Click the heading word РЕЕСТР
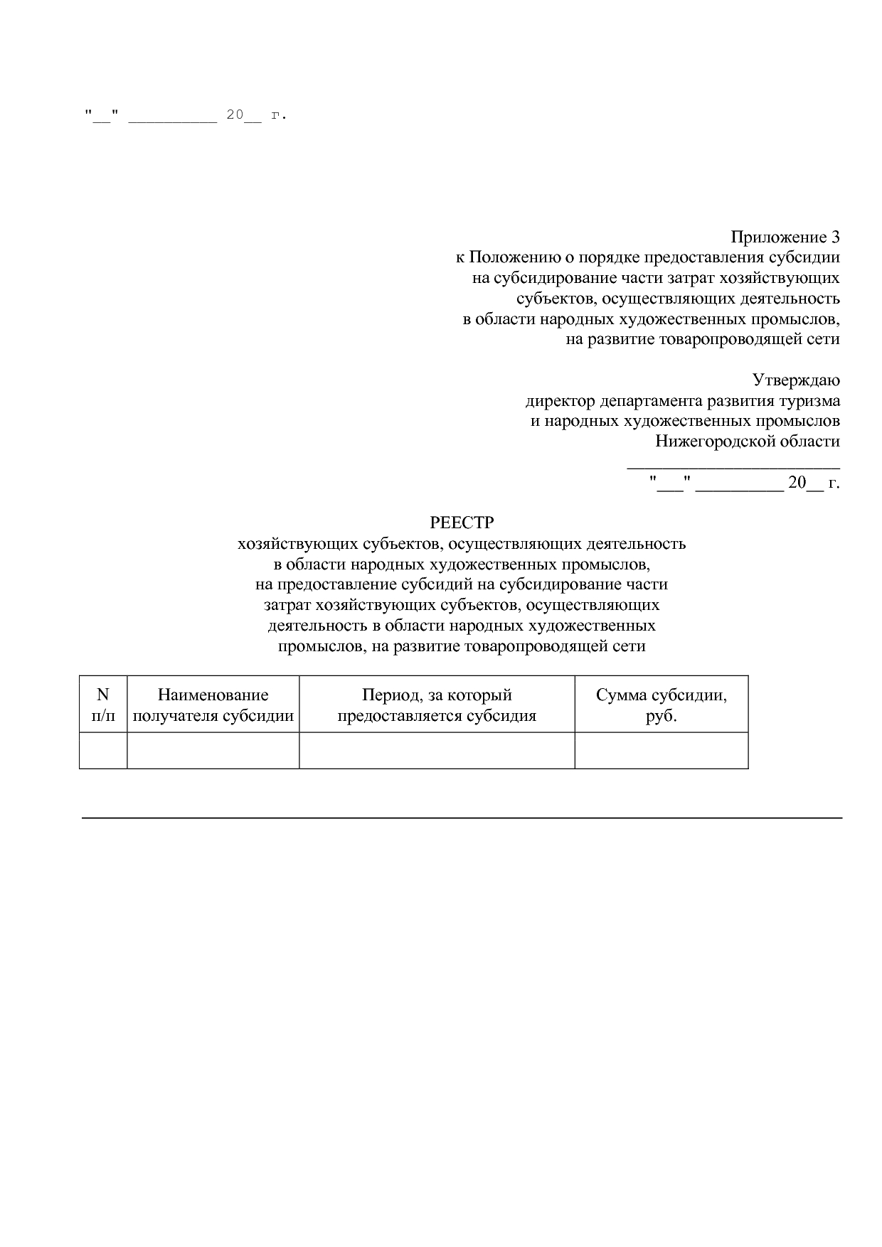click(x=462, y=523)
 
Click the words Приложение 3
click(x=785, y=237)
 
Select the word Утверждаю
click(x=796, y=380)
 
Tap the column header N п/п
click(x=103, y=705)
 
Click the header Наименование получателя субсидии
click(x=213, y=705)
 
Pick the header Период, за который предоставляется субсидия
click(x=437, y=705)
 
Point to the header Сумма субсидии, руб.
click(x=661, y=705)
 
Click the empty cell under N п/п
click(x=103, y=750)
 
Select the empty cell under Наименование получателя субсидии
click(x=213, y=750)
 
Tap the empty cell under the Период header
click(x=437, y=750)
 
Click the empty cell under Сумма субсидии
click(x=661, y=750)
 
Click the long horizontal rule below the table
click(x=462, y=818)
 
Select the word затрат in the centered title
click(x=287, y=606)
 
